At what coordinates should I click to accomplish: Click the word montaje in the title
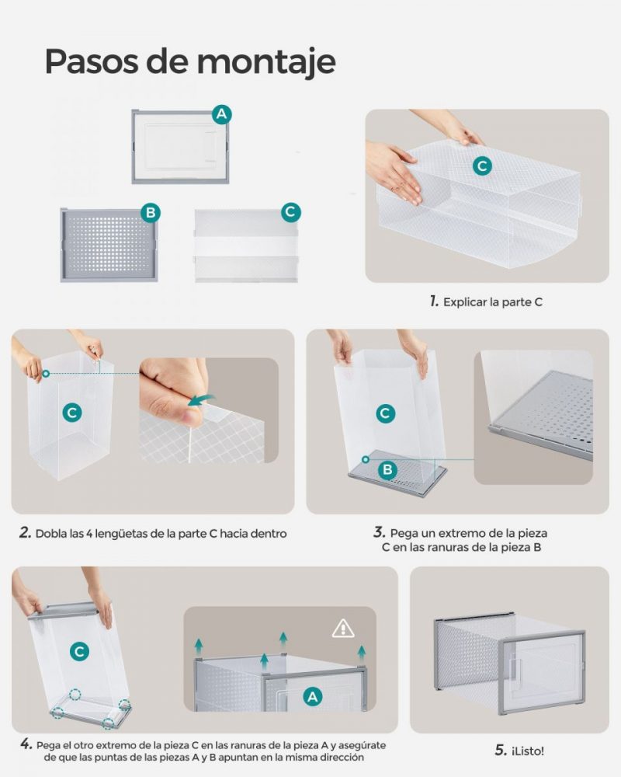coord(266,62)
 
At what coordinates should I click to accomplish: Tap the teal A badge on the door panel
coord(221,114)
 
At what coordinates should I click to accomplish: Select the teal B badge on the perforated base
coord(151,213)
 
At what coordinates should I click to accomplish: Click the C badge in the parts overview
coord(290,212)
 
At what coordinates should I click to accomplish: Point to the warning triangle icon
coord(342,629)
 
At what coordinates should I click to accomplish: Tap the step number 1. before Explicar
coord(434,301)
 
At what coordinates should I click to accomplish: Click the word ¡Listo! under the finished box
coord(528,751)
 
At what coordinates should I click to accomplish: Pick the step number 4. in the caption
coord(26,744)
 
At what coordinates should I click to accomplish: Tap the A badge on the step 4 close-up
coord(313,697)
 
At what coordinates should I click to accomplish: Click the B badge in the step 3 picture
coord(387,469)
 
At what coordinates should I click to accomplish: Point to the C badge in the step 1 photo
coord(482,166)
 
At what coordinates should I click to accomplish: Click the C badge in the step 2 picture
coord(72,413)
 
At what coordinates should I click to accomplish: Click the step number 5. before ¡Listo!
coord(501,751)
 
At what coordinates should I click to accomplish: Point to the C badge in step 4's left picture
coord(79,651)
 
